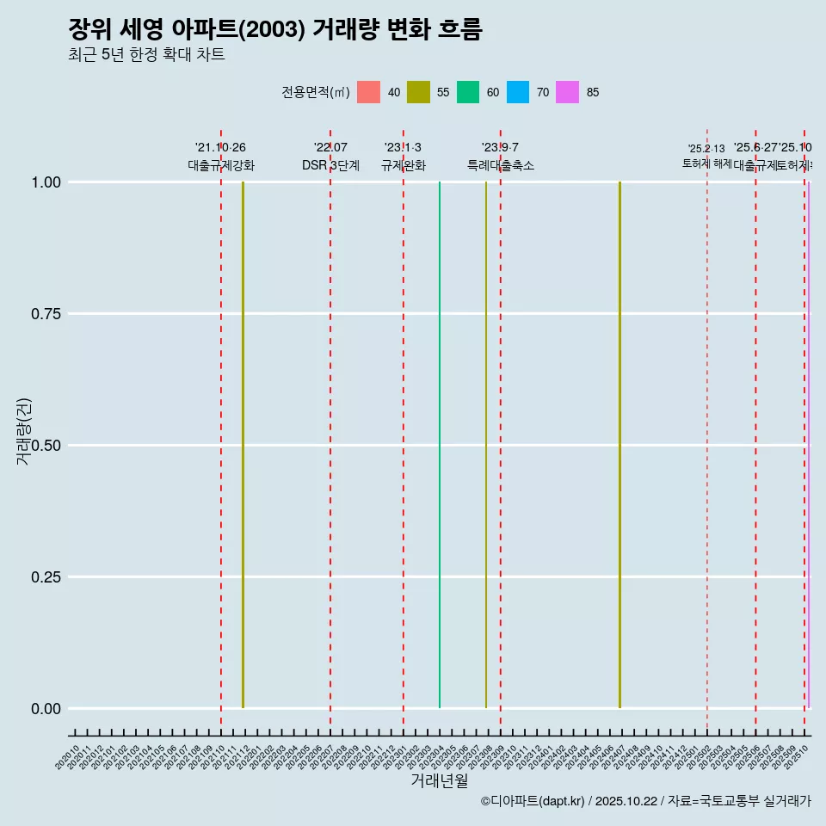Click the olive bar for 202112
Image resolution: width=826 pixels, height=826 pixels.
click(x=243, y=445)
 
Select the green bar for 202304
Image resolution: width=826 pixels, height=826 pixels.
click(x=440, y=445)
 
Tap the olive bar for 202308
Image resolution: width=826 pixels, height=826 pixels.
click(x=486, y=445)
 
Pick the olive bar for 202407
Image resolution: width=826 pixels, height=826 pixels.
click(x=619, y=445)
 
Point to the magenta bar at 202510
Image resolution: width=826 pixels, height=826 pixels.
click(x=808, y=445)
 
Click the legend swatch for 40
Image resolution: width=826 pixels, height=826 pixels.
click(x=368, y=92)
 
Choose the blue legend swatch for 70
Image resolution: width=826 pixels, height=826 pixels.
click(x=518, y=92)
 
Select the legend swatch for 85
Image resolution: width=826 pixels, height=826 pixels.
click(x=567, y=92)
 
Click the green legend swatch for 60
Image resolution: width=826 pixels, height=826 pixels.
click(x=468, y=92)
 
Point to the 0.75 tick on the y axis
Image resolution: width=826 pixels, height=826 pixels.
click(x=46, y=314)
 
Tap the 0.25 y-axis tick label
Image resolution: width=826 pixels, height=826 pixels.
click(x=46, y=577)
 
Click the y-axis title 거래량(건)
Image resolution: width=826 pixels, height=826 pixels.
click(x=24, y=432)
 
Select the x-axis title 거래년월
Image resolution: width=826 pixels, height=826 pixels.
click(x=439, y=781)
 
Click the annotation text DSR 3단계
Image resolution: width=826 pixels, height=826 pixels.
click(x=330, y=165)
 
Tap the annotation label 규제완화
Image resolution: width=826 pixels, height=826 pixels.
click(x=404, y=165)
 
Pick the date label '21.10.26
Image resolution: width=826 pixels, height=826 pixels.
click(x=220, y=148)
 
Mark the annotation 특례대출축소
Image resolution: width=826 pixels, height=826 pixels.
click(x=501, y=165)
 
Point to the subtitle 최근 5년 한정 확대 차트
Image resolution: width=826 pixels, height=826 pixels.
click(x=146, y=55)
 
